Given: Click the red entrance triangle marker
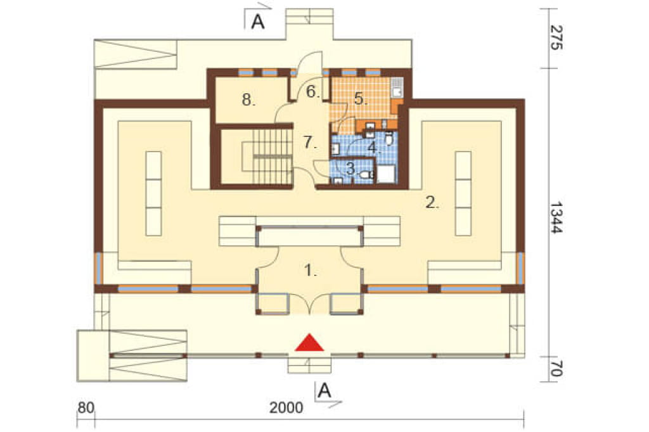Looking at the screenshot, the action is click(x=309, y=343).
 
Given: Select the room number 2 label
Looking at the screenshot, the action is click(x=432, y=202).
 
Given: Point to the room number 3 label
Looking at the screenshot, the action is click(x=351, y=168).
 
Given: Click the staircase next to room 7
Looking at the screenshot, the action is click(x=267, y=156).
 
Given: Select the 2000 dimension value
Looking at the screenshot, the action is click(x=286, y=407).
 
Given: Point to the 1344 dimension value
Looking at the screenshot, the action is click(x=556, y=218).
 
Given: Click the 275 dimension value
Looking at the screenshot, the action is click(x=556, y=37).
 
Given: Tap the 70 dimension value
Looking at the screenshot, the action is click(x=556, y=369).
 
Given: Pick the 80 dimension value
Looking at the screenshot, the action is click(x=86, y=407).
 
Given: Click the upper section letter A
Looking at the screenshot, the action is click(x=259, y=22).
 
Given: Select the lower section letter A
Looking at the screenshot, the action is click(x=325, y=390).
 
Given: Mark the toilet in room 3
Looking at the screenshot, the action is click(x=366, y=175).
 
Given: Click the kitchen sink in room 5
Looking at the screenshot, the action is click(x=397, y=87).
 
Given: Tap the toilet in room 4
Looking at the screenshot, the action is click(x=389, y=139).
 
